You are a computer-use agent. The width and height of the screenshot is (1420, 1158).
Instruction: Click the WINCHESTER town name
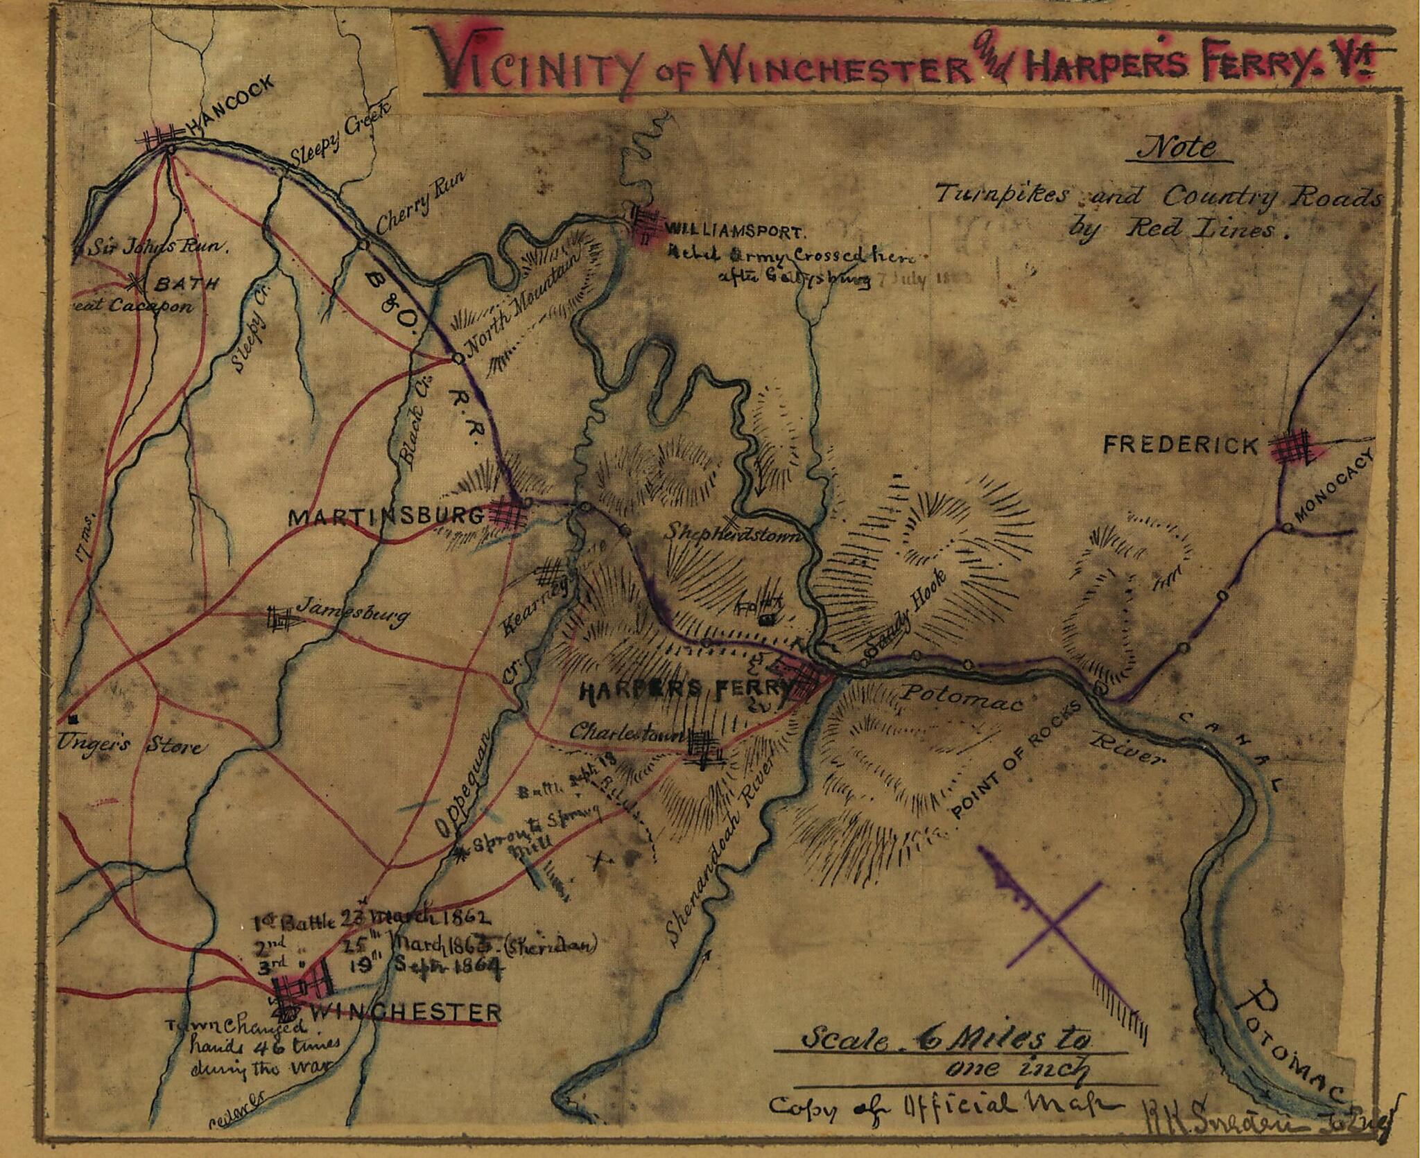[406, 1011]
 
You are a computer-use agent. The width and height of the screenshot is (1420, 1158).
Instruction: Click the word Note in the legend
[1179, 148]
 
